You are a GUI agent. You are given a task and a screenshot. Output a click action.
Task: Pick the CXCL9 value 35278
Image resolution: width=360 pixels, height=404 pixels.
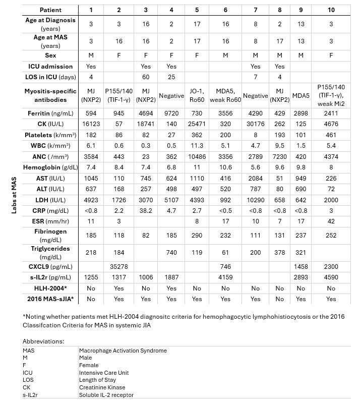tap(119, 266)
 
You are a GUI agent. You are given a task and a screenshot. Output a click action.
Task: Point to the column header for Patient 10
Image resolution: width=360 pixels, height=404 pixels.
tap(331, 10)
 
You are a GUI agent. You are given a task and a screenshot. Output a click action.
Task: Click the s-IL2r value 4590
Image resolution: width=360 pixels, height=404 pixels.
tap(331, 277)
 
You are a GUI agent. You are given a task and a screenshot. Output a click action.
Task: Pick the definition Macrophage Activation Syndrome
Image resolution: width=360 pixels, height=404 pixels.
tap(123, 351)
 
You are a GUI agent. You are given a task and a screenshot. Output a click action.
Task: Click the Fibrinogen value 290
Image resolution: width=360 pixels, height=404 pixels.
tap(197, 235)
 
